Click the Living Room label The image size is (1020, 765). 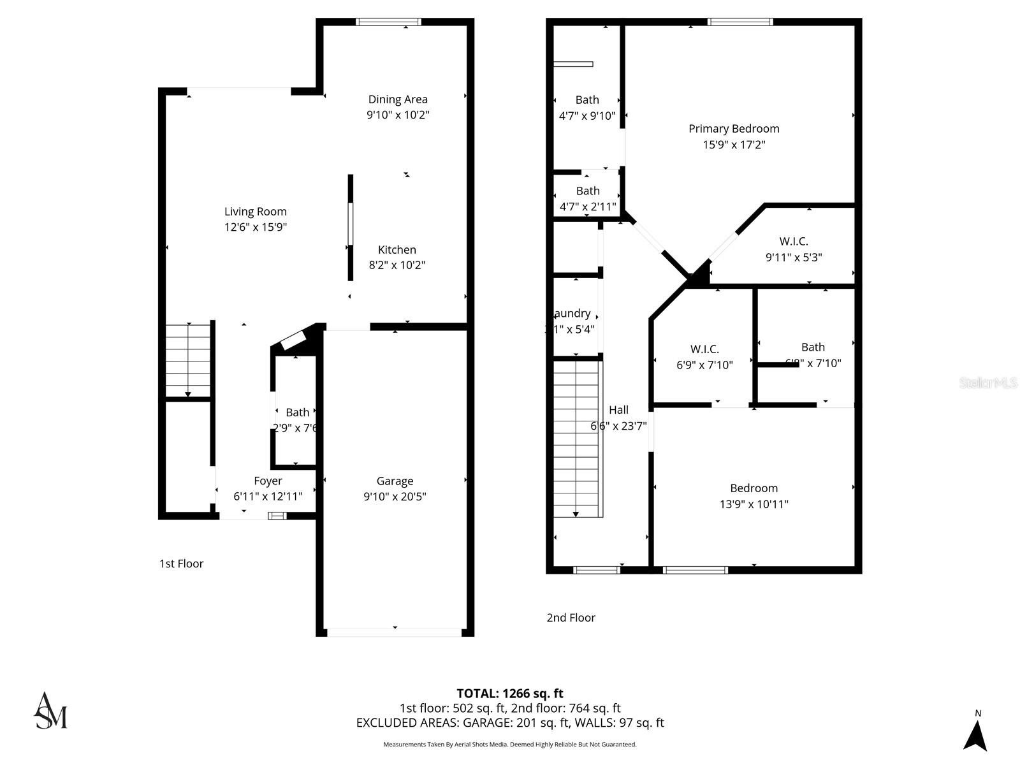tap(255, 212)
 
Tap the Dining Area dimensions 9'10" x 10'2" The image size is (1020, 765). tap(398, 115)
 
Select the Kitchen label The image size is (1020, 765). tap(397, 250)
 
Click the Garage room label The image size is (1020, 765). tap(395, 481)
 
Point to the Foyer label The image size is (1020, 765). tap(268, 481)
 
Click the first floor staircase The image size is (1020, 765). tap(188, 360)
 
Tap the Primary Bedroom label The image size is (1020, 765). tap(734, 129)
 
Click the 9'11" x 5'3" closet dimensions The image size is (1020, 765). tap(794, 258)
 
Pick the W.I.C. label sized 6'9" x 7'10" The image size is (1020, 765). tap(704, 349)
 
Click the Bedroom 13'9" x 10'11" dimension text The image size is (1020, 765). tap(754, 504)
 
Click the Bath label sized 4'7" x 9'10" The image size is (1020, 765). tap(587, 100)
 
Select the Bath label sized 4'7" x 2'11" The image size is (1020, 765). tap(588, 191)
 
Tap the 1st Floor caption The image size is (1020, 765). tap(182, 564)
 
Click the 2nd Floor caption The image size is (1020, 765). tap(571, 618)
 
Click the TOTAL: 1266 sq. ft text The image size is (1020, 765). tap(510, 694)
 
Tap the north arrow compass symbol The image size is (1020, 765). tap(975, 734)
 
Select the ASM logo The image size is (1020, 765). tap(50, 711)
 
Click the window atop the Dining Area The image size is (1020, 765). tap(388, 22)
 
